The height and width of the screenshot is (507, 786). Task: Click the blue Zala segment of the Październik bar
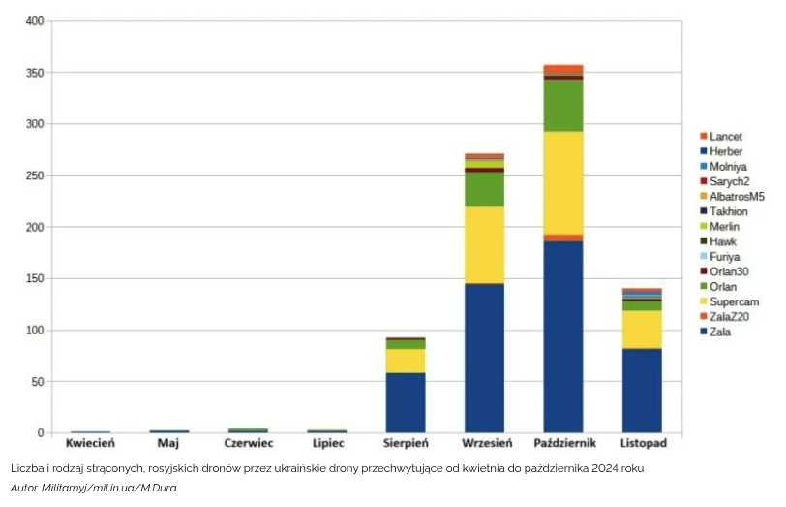[x=562, y=336]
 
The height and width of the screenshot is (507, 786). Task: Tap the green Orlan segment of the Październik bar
[x=562, y=106]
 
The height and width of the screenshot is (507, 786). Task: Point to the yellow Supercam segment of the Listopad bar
[x=641, y=330]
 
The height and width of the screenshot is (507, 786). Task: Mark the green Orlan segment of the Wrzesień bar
[x=484, y=189]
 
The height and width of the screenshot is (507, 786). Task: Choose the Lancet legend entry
[x=725, y=137]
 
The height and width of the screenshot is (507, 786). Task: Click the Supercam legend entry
[x=733, y=302]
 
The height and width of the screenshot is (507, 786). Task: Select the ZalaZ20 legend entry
[x=728, y=317]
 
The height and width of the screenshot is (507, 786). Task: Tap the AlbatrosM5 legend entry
[x=736, y=197]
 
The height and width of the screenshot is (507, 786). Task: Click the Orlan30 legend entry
[x=730, y=272]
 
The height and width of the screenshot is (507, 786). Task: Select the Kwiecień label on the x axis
[x=90, y=443]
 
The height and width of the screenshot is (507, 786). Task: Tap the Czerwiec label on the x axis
[x=248, y=443]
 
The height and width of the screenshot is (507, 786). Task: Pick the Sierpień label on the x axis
[x=406, y=443]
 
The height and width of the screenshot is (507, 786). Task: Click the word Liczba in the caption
[x=27, y=468]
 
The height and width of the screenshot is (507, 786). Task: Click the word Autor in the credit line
[x=26, y=488]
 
